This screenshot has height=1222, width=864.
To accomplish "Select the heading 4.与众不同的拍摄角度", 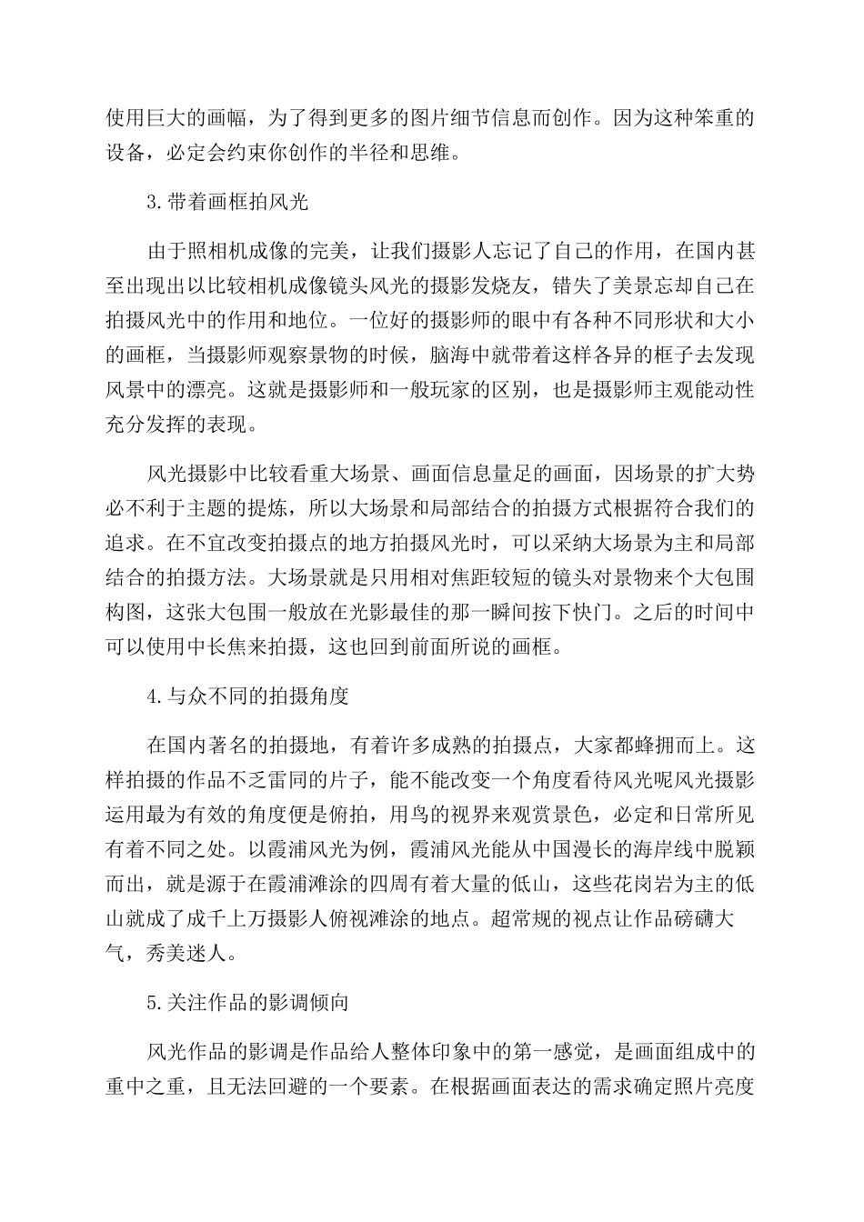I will click(248, 697).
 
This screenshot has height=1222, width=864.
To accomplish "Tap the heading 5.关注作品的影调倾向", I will click(248, 1003).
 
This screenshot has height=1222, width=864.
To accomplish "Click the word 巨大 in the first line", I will click(169, 117).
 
